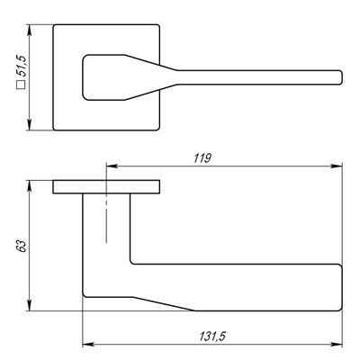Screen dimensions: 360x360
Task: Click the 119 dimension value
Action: [202, 158]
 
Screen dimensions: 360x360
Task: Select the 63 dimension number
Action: [22, 246]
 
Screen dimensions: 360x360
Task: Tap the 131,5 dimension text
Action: [212, 337]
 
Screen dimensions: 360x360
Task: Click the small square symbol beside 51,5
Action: [21, 85]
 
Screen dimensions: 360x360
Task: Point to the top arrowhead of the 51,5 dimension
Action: [29, 31]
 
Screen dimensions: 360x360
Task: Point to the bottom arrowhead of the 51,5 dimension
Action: [29, 124]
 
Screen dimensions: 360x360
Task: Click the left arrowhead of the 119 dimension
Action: [112, 166]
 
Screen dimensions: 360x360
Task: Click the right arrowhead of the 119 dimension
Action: [337, 166]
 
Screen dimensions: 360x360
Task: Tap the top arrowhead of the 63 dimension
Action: [29, 186]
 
